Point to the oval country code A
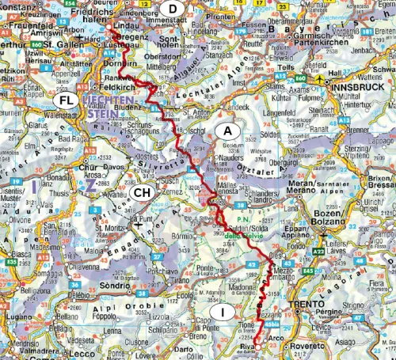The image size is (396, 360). tap(227, 130)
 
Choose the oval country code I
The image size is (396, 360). tap(224, 313)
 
